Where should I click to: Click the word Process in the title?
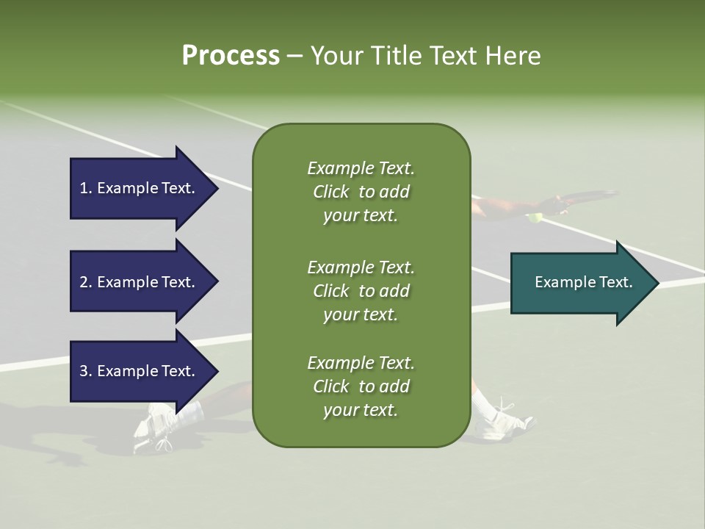(231, 56)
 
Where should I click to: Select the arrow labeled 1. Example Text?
(140, 188)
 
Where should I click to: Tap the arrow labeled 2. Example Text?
(140, 282)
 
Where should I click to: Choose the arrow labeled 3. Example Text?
(140, 371)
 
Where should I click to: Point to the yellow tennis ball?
(535, 217)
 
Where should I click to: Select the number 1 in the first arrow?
(83, 188)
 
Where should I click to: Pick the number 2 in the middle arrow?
(84, 282)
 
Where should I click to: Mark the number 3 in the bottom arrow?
(84, 371)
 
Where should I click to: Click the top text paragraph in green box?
(361, 192)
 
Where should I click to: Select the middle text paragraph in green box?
(361, 291)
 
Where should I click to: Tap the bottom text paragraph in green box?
(361, 386)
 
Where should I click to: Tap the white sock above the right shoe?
(482, 403)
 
